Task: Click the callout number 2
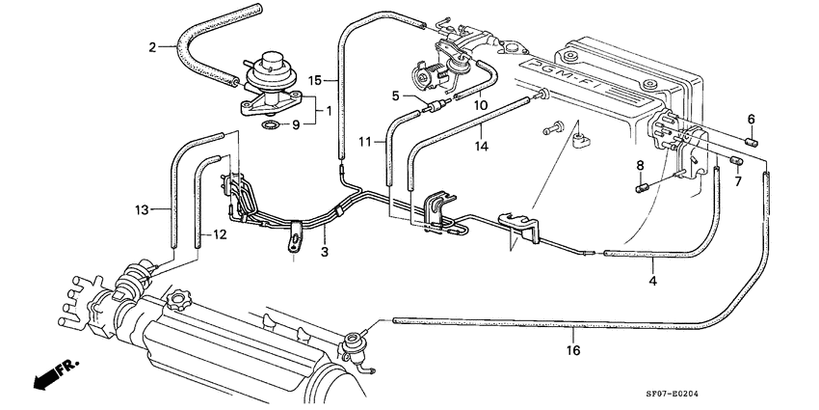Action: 152,46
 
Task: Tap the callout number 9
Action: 297,124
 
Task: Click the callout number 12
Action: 219,234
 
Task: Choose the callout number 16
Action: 573,351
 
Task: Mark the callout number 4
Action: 652,280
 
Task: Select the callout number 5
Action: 395,95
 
